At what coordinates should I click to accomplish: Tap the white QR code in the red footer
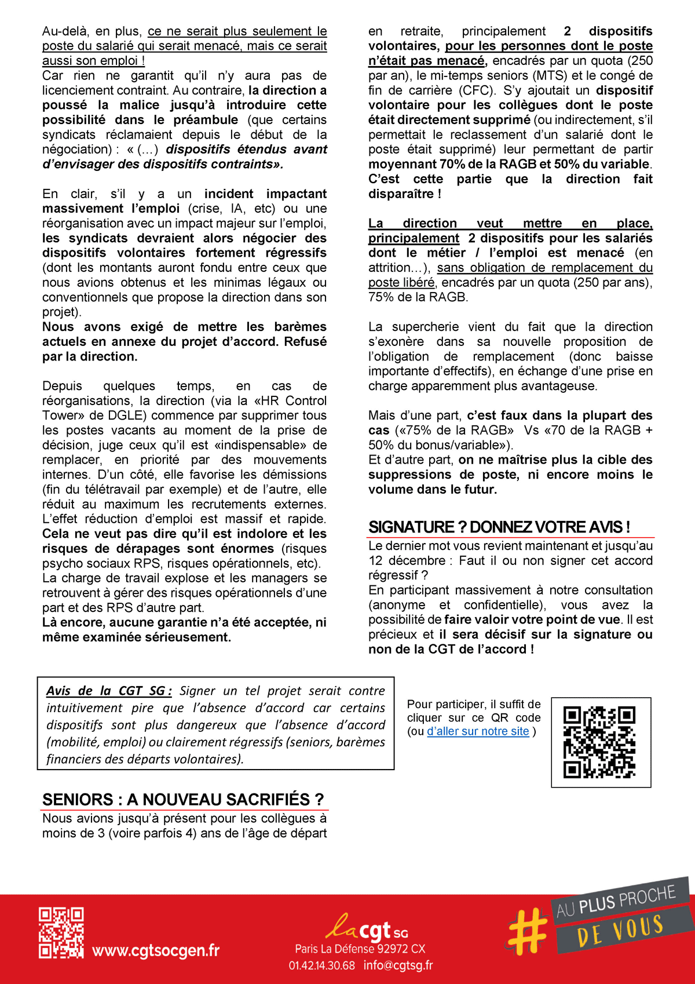pyautogui.click(x=61, y=932)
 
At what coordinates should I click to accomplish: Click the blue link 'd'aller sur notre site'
pyautogui.click(x=478, y=731)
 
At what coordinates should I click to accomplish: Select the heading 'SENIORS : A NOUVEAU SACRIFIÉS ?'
pyautogui.click(x=182, y=800)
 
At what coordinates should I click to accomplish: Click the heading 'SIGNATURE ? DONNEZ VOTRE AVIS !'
pyautogui.click(x=499, y=527)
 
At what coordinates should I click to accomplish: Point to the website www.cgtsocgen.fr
pyautogui.click(x=156, y=950)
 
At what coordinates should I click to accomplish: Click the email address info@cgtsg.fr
pyautogui.click(x=398, y=965)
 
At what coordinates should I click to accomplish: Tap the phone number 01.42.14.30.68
pyautogui.click(x=322, y=965)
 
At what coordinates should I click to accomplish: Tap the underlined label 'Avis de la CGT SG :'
pyautogui.click(x=109, y=691)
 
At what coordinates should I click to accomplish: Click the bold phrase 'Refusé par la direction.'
pyautogui.click(x=184, y=349)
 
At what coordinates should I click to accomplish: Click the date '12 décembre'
pyautogui.click(x=407, y=561)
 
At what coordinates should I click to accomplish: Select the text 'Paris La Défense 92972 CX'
pyautogui.click(x=360, y=949)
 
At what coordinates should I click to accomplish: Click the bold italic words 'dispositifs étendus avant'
pyautogui.click(x=246, y=150)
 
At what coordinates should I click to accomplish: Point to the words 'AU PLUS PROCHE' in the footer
pyautogui.click(x=616, y=902)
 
